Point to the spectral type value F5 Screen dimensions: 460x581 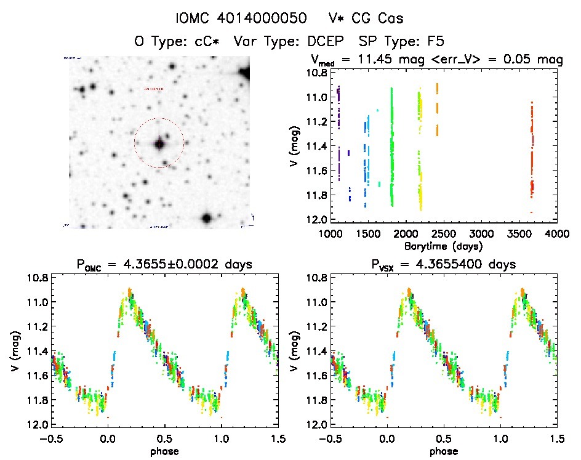pyautogui.click(x=436, y=41)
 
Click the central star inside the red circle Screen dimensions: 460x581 pyautogui.click(x=159, y=143)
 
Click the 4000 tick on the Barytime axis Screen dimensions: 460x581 pyautogui.click(x=556, y=233)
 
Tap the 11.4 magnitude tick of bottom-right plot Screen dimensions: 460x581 pyautogui.click(x=316, y=351)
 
